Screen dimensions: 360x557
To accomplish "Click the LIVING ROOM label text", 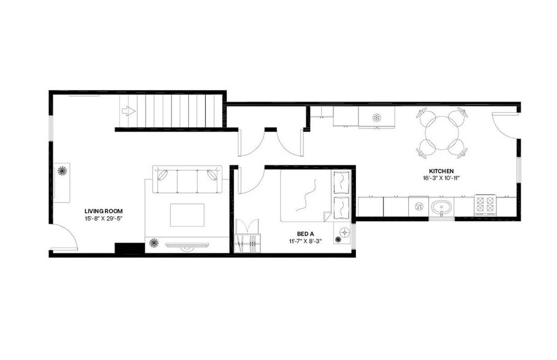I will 99,211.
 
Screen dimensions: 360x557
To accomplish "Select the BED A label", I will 305,233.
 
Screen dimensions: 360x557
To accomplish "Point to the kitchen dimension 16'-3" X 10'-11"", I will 441,178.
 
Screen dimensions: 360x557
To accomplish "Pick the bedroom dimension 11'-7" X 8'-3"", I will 305,241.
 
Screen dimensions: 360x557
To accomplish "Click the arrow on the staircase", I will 129,111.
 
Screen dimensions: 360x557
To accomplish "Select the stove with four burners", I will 485,205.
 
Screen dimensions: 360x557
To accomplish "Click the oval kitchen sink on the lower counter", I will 441,206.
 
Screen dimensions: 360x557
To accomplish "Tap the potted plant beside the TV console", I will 153,244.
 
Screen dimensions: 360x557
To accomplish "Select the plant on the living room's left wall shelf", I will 61,172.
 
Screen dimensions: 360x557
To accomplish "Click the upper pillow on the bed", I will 341,182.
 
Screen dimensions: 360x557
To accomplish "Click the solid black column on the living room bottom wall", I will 127,249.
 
